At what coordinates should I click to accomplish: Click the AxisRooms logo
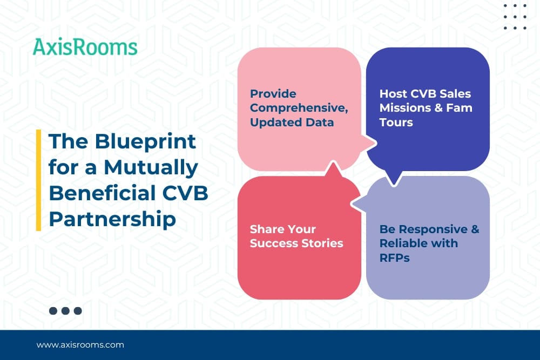pos(85,47)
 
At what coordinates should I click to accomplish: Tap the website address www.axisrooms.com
pos(80,344)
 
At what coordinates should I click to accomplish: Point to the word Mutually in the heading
pos(151,168)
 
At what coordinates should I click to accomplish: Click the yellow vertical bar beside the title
pos(38,180)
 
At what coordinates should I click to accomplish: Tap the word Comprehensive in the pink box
pos(299,108)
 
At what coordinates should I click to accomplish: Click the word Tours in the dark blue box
pos(396,122)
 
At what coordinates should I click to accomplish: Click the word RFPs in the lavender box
pos(394,257)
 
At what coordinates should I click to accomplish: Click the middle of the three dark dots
pos(65,311)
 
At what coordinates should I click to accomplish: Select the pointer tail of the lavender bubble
pos(357,203)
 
